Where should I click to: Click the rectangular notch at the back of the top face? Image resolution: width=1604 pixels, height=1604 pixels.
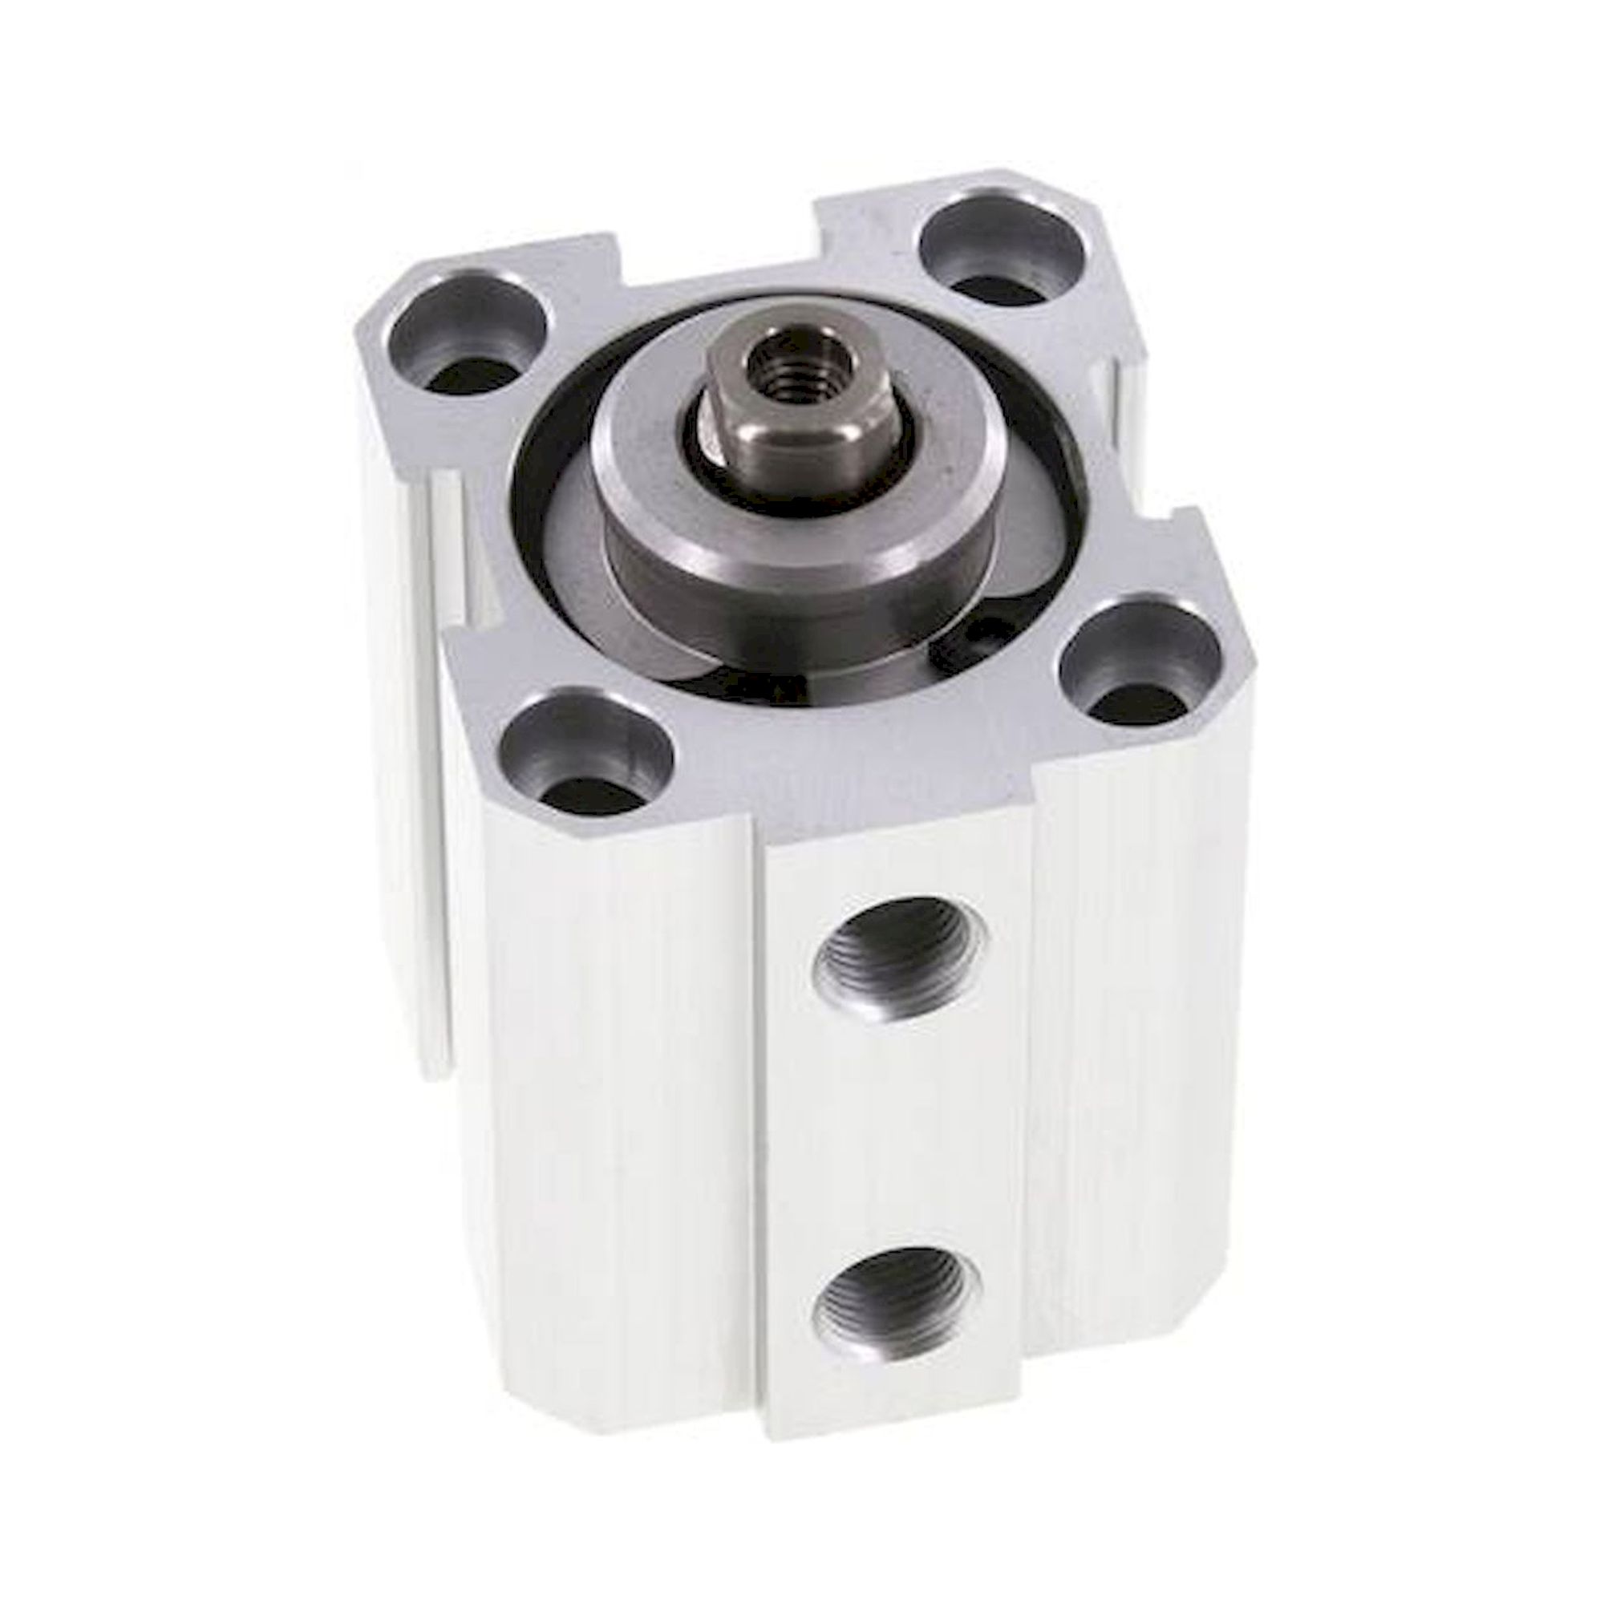(x=718, y=249)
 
